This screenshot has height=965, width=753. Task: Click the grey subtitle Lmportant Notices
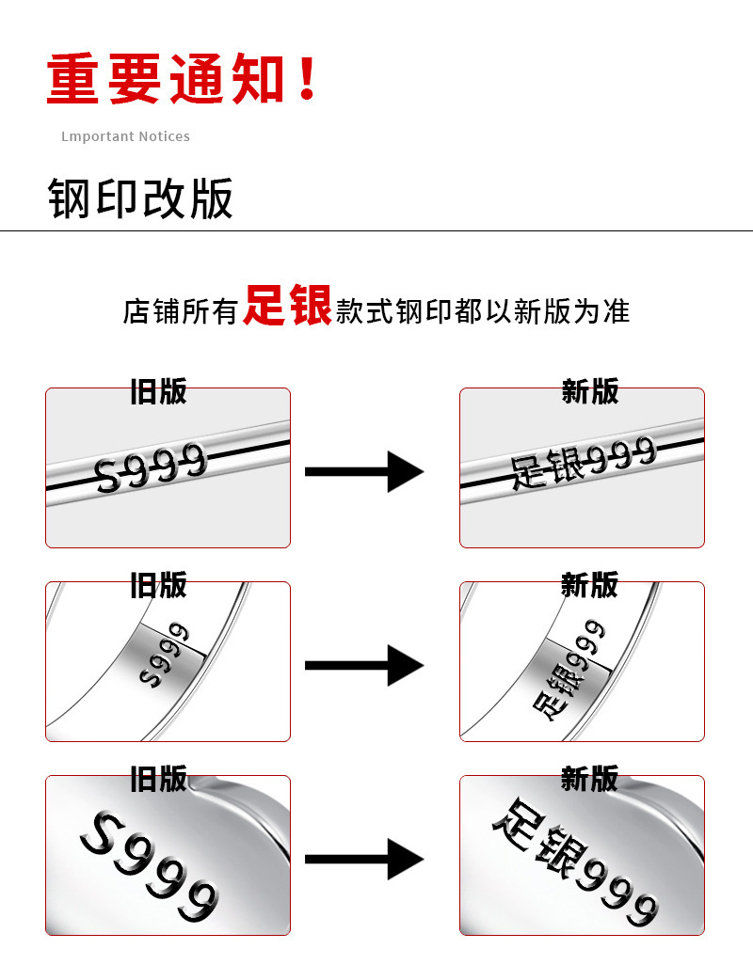click(x=125, y=136)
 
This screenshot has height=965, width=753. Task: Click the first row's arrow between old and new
click(x=363, y=470)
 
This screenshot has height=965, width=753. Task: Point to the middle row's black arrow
click(x=363, y=665)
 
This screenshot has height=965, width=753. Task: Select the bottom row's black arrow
click(x=363, y=859)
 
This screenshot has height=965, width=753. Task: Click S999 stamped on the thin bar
click(x=151, y=467)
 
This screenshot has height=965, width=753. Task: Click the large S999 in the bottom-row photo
click(x=150, y=865)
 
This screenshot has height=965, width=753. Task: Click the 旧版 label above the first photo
click(x=158, y=391)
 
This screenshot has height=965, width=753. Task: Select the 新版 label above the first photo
click(x=589, y=391)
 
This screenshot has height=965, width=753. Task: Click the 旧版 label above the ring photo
click(x=158, y=585)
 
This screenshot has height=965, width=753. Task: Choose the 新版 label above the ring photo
click(x=589, y=585)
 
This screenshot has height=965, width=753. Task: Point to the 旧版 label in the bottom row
click(x=158, y=779)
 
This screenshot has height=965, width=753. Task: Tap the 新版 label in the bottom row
click(x=589, y=779)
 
